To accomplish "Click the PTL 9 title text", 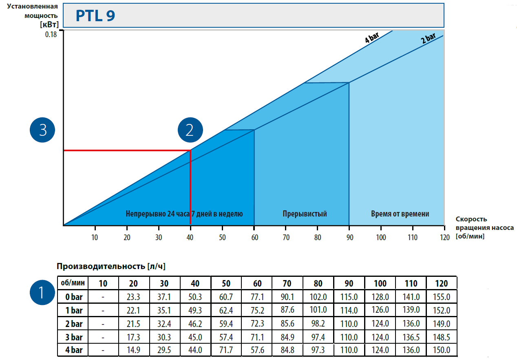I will tap(95, 15).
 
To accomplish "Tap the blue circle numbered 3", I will tap(43, 130).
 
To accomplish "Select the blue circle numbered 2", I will tap(190, 130).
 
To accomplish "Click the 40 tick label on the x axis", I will tap(190, 238).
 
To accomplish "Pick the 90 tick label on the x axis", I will tap(349, 238).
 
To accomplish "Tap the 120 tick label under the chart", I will tap(444, 238).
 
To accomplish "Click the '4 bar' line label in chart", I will tap(372, 38).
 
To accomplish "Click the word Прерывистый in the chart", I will tap(305, 214).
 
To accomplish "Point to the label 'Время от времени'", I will tap(400, 214).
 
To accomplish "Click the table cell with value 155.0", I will tap(442, 297).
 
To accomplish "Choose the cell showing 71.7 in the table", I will tap(226, 350).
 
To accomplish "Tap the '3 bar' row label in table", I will tap(74, 337).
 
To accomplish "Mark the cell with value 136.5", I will tap(411, 337).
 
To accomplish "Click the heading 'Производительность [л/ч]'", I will tap(111, 266).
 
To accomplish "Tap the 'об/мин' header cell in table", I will tap(72, 283).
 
